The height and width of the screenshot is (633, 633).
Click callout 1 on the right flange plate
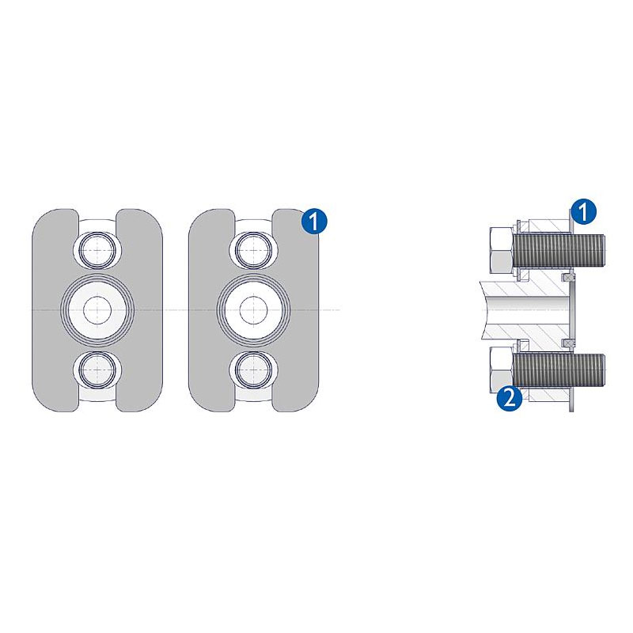[x=314, y=221]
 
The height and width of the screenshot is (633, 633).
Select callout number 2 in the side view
[x=510, y=399]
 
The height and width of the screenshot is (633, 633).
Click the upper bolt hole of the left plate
[x=97, y=250]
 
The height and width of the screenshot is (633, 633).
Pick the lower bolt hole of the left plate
[x=97, y=370]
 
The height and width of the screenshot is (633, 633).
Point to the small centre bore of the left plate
[x=97, y=310]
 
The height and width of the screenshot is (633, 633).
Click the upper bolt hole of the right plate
[x=253, y=250]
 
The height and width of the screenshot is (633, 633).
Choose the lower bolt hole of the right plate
[x=253, y=370]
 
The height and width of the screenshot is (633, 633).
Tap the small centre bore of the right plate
[x=253, y=310]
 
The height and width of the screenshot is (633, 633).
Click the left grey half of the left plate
[x=51, y=310]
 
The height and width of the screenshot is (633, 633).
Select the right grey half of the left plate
[x=145, y=310]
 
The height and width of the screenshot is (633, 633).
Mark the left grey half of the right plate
[x=207, y=310]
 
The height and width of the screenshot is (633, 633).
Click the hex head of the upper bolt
[x=501, y=250]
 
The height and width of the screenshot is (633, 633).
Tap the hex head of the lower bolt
[x=501, y=370]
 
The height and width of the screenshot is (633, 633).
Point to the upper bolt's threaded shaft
[x=559, y=250]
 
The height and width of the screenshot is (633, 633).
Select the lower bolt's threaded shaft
[x=559, y=370]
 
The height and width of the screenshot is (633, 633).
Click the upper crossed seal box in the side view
[x=568, y=278]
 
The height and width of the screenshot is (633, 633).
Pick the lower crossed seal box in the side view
[x=568, y=343]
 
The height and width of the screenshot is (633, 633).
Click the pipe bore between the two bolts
[x=525, y=310]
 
